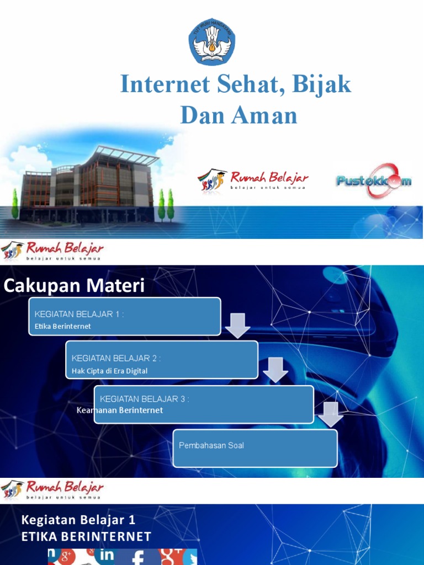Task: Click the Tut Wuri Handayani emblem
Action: point(212,42)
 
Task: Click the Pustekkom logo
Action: point(374,180)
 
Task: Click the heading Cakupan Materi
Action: point(74,286)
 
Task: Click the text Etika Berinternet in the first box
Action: point(62,326)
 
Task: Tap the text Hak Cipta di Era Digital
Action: point(109,371)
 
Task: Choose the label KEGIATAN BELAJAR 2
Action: point(116,358)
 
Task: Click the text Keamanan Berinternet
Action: point(120,411)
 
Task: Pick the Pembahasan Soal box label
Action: point(211,445)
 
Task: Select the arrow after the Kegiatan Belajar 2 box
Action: point(275,369)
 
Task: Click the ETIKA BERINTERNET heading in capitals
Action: point(86,536)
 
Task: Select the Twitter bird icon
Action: point(190,557)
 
